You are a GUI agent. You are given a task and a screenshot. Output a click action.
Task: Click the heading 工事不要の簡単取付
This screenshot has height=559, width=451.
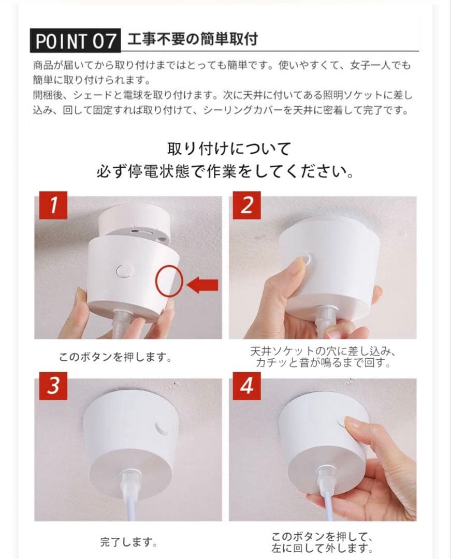193,39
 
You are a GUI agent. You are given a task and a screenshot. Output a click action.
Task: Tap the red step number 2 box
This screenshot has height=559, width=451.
246,206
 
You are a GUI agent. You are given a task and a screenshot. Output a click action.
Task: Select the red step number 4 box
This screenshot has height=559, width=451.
246,387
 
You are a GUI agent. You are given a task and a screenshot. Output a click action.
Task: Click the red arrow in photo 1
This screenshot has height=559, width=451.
202,284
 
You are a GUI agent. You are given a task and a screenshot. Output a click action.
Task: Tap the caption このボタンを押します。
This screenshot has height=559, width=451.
115,357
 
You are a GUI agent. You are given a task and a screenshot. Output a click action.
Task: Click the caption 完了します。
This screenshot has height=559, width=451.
128,542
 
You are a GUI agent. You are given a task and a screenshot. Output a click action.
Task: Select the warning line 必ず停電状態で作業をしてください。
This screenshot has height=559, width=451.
226,171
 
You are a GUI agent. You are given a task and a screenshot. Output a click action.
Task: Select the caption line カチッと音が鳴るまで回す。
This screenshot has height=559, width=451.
322,363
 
